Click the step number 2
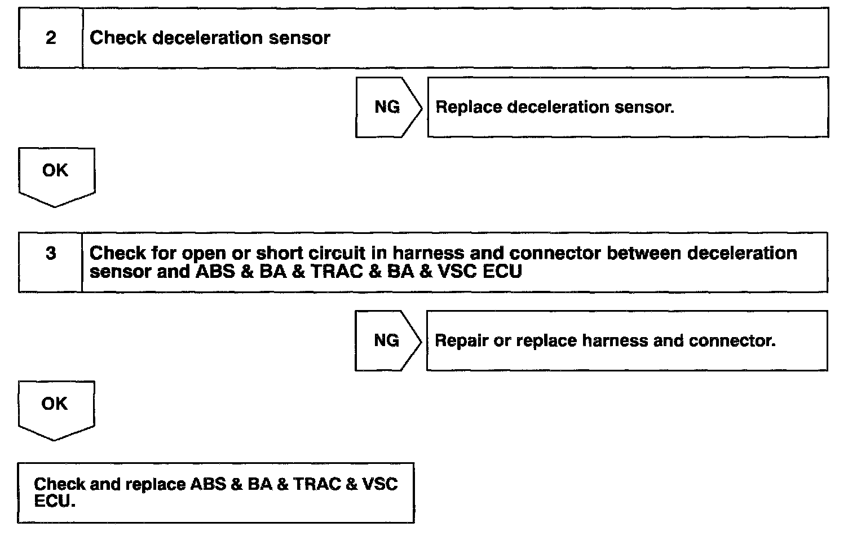[x=51, y=38]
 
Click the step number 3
[x=51, y=253]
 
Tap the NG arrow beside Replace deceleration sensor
[x=387, y=107]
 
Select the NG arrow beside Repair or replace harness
[x=386, y=340]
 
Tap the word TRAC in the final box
[x=317, y=484]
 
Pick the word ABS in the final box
[x=208, y=484]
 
